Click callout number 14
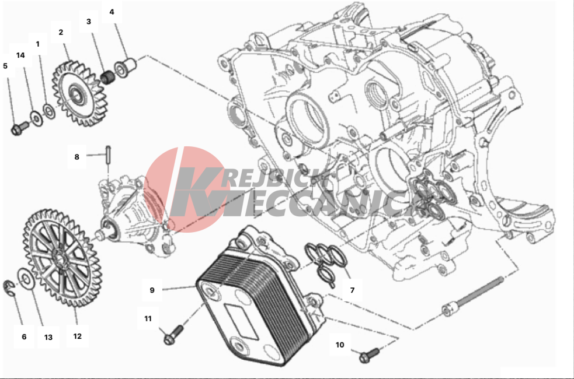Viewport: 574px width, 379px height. tap(20, 55)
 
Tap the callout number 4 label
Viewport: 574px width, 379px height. tap(112, 12)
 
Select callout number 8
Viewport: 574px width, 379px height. tap(76, 157)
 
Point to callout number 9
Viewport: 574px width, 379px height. tap(152, 290)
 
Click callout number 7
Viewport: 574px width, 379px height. tap(352, 290)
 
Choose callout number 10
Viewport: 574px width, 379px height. tap(340, 345)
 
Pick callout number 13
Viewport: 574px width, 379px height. tap(48, 338)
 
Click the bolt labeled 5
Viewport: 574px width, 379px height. tap(20, 128)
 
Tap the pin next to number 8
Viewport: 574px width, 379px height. tap(109, 155)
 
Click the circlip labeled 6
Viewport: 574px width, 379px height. tap(8, 287)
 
